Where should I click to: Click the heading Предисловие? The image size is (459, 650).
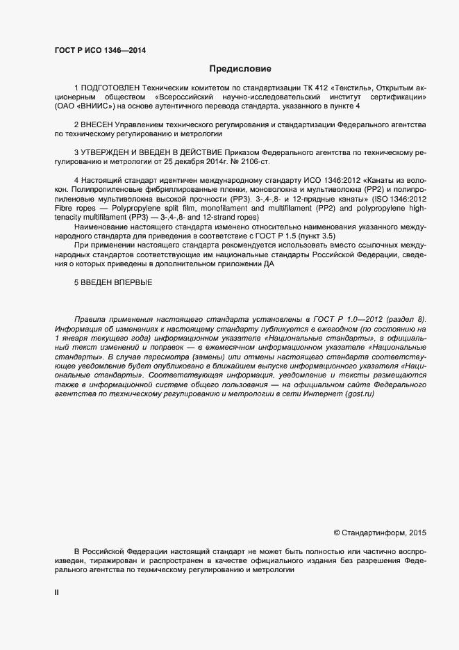click(x=240, y=69)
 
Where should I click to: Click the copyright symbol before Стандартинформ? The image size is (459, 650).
click(x=337, y=533)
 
